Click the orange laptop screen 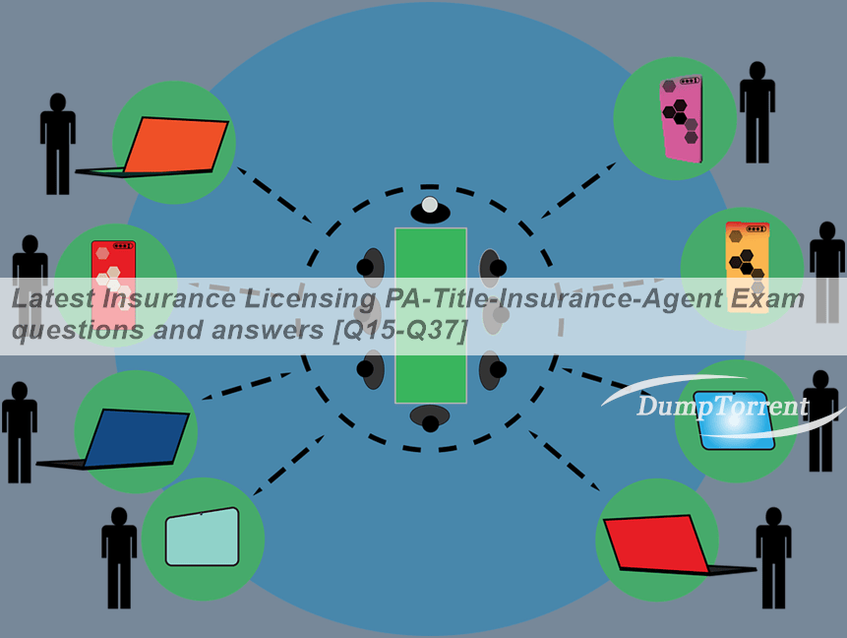coord(176,145)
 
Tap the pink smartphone coord(681,118)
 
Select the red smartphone coord(113,283)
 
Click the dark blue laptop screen coord(137,438)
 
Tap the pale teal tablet coord(202,537)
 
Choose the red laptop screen coord(656,543)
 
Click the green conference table coord(431,315)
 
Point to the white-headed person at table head coord(430,210)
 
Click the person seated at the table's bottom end coord(430,418)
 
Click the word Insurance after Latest coord(169,298)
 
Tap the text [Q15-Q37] coord(399,329)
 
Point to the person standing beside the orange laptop coord(58,144)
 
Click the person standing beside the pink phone coord(757,112)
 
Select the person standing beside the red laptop coord(773,558)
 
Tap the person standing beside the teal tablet coord(119,558)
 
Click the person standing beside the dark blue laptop coord(20,432)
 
